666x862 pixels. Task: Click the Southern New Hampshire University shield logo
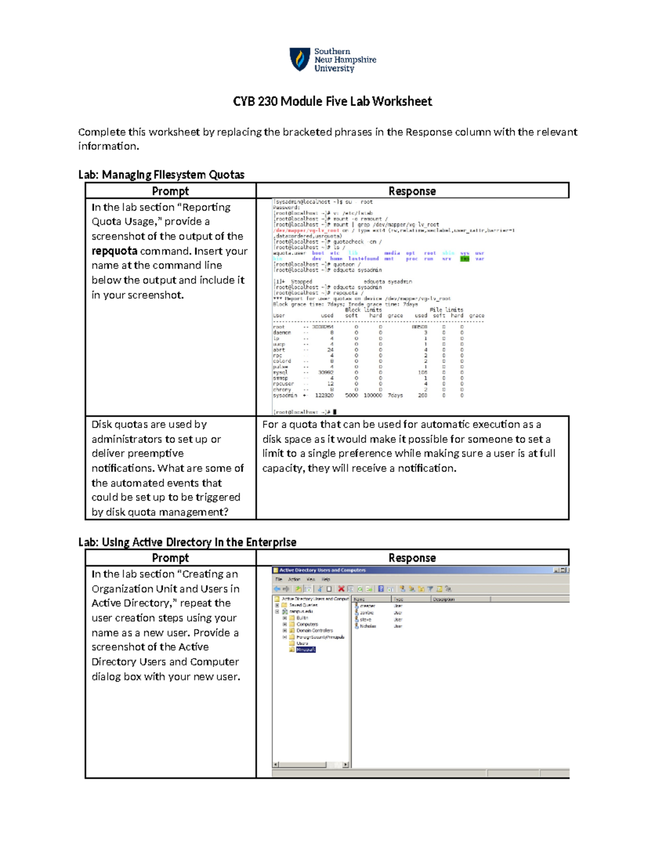tap(300, 59)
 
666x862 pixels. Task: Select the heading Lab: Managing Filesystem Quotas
tap(161, 175)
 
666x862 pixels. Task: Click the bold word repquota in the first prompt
tap(114, 251)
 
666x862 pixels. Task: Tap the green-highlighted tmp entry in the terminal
tap(465, 259)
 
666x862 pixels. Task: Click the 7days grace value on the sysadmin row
tap(395, 396)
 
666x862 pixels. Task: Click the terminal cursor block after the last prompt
tap(335, 412)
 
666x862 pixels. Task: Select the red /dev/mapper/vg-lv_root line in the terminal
tap(306, 230)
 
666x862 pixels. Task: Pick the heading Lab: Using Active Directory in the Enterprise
tap(187, 542)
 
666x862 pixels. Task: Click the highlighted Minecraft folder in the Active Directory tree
tap(306, 649)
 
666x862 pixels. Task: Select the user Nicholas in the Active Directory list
tap(367, 626)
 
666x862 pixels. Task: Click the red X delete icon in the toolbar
tap(341, 589)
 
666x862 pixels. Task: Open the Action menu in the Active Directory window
tap(294, 579)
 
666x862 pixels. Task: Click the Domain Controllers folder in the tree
tap(314, 631)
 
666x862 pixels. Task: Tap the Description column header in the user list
tap(443, 599)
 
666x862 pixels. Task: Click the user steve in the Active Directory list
tap(365, 619)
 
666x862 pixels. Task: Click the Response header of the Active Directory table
tap(412, 558)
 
